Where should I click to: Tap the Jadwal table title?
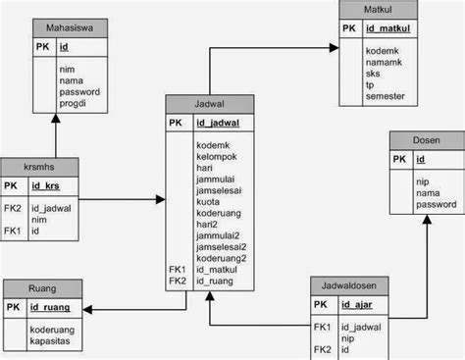click(x=210, y=104)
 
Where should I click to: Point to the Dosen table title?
click(x=426, y=140)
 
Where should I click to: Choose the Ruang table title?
click(x=42, y=289)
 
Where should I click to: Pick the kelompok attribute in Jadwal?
click(x=218, y=156)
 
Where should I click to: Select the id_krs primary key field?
click(x=46, y=185)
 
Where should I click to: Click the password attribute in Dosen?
click(x=436, y=205)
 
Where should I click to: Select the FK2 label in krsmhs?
click(x=12, y=208)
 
